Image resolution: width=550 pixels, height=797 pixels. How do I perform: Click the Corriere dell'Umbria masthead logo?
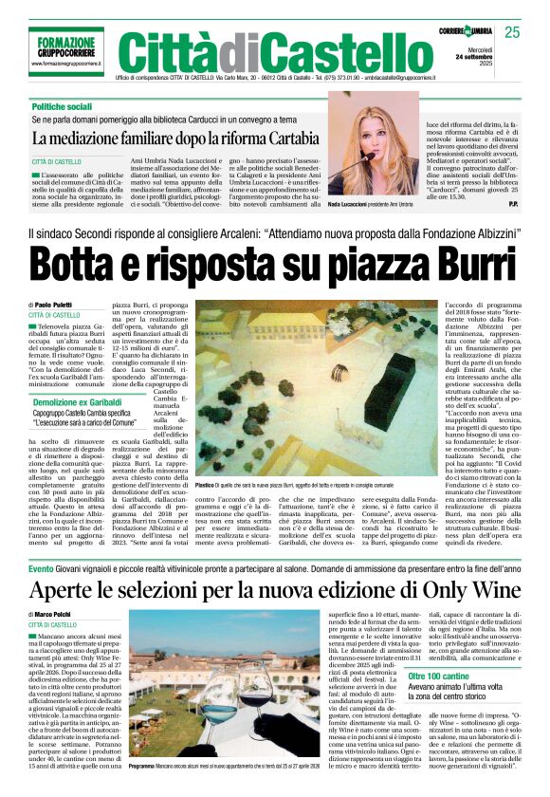[466, 32]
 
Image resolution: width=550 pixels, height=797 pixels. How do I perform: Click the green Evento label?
[41, 568]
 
